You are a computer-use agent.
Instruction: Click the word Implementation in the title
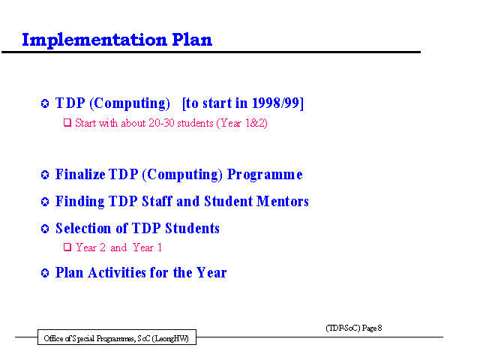(x=94, y=40)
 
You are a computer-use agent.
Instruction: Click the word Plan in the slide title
(x=192, y=40)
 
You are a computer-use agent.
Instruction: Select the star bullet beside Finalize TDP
(x=45, y=175)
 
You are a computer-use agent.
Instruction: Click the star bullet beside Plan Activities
(x=45, y=273)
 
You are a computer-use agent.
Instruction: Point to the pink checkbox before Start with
(x=67, y=123)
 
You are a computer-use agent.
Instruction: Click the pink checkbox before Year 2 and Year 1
(x=67, y=247)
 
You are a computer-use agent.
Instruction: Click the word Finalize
(x=80, y=174)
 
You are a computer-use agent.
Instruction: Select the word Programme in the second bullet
(x=265, y=175)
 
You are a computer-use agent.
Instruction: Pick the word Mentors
(x=283, y=202)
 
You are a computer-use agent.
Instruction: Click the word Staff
(x=157, y=202)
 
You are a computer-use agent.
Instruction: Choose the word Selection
(x=83, y=228)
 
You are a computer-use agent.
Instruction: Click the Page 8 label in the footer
(x=372, y=328)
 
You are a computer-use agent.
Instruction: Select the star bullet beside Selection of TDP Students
(x=45, y=229)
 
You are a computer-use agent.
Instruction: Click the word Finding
(x=80, y=202)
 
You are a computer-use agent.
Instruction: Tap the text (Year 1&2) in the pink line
(x=241, y=123)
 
